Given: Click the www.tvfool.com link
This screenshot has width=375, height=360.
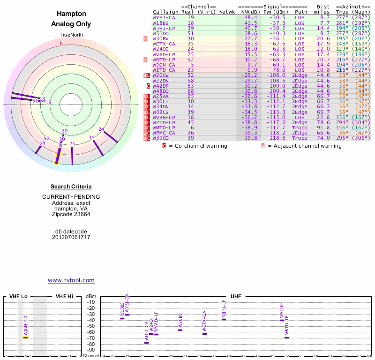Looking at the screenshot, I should coord(71,280).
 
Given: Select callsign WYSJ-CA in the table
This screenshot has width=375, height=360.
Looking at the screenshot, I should coord(164,17).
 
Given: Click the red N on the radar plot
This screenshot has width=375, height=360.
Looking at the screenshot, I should coord(62,43).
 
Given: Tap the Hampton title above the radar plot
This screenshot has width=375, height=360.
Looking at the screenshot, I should coord(71,14).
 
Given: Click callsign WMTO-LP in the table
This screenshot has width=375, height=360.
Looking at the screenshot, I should coord(164,127).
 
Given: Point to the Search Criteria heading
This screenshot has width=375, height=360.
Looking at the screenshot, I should coord(71,187).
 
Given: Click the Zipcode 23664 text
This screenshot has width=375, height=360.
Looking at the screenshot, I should coord(71,214).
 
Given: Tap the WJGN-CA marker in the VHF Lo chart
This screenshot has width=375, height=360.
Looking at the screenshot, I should coord(26,337).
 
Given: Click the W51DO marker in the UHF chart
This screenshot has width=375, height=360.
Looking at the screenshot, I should coord(282,320).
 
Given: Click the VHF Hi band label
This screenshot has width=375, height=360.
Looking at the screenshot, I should coord(65,296).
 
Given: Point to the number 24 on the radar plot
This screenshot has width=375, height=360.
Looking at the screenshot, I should coord(101,129).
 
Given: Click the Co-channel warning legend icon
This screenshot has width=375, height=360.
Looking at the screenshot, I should coord(164,146).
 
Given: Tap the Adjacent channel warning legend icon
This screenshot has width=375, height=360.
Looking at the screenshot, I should coord(263,146).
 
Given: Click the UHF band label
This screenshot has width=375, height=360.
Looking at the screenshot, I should coord(235,296).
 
